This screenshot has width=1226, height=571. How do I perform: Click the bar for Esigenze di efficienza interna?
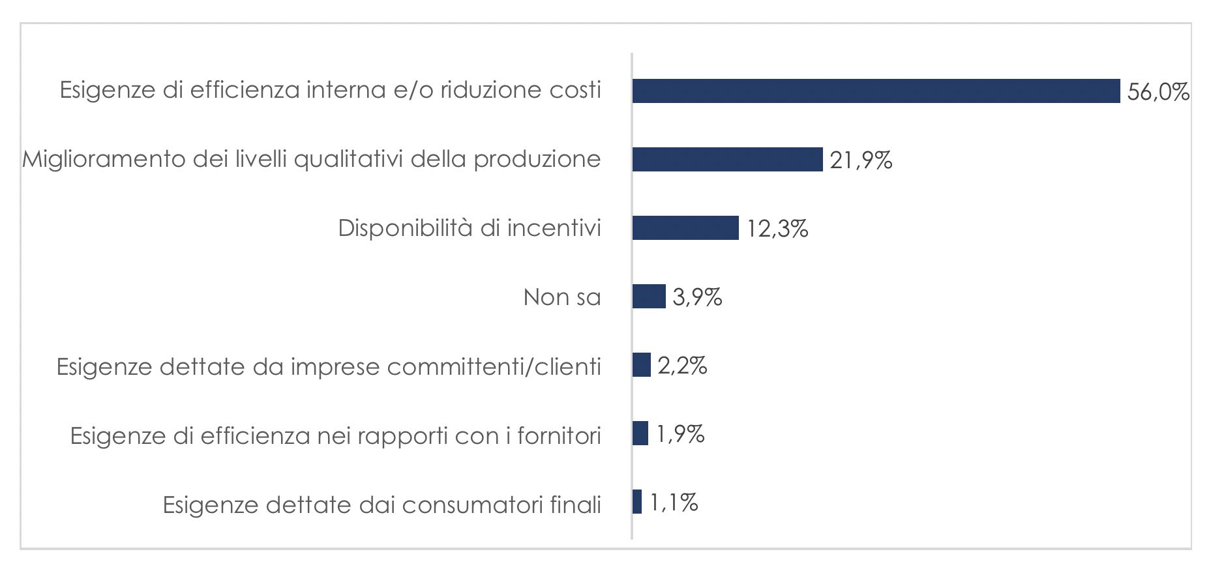876,91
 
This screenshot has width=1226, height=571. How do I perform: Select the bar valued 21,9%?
727,160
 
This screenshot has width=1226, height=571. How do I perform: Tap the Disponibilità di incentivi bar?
685,228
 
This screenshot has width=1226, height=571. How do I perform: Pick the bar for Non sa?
649,297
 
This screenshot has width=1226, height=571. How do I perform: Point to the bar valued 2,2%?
642,365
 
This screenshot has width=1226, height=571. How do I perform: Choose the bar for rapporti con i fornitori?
640,433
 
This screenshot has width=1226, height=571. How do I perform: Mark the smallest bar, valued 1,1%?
637,502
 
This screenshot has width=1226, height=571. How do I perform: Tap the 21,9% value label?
861,160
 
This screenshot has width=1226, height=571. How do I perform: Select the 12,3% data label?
777,229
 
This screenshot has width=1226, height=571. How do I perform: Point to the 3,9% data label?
697,297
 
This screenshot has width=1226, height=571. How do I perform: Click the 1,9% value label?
680,434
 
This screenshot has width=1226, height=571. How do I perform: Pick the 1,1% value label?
674,503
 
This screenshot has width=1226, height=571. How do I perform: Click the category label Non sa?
561,297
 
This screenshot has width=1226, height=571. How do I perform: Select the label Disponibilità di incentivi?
470,228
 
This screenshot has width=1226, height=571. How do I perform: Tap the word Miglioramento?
104,160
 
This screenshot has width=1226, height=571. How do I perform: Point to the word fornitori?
559,435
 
